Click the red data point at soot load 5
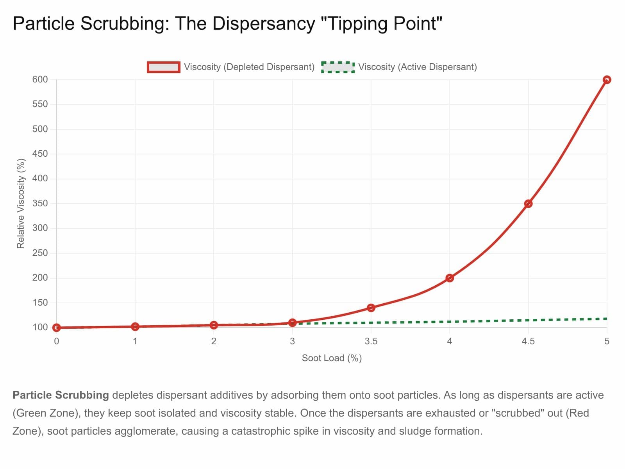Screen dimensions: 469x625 click(x=607, y=80)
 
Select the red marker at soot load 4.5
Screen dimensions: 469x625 click(x=528, y=204)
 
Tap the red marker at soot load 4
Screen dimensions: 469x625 click(x=450, y=278)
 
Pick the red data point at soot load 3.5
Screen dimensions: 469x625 click(x=371, y=308)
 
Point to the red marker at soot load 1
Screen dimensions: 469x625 click(x=135, y=326)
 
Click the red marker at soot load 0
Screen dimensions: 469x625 click(x=57, y=328)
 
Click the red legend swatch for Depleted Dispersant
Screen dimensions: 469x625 click(x=164, y=67)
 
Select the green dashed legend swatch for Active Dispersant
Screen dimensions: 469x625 click(x=338, y=67)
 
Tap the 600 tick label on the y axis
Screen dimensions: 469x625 click(x=40, y=80)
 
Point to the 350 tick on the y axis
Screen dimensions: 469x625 click(x=40, y=204)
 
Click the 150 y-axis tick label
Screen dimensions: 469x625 click(x=40, y=303)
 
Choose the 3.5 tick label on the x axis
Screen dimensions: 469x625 click(x=371, y=341)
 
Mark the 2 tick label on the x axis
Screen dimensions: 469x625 click(x=214, y=341)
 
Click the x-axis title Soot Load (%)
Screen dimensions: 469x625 click(x=332, y=358)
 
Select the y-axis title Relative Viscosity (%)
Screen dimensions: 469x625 click(x=21, y=203)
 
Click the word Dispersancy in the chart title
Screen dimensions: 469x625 click(x=264, y=23)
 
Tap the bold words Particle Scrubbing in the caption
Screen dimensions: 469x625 click(x=61, y=395)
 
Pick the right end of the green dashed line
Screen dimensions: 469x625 click(x=606, y=319)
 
